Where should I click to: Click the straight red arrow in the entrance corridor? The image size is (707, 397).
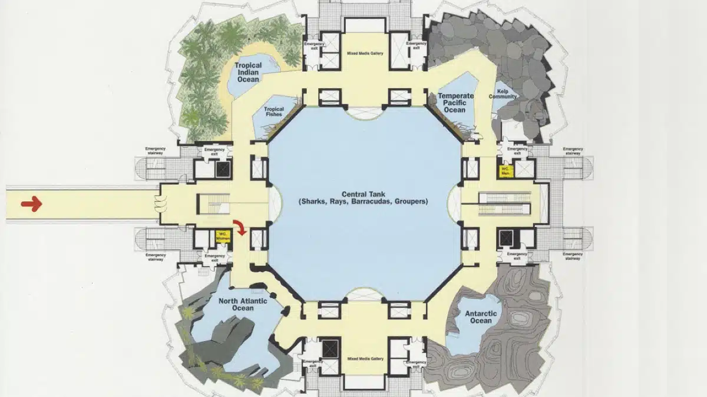click(31, 204)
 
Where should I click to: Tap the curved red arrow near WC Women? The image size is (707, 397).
click(240, 228)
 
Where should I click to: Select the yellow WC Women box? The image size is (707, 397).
click(222, 236)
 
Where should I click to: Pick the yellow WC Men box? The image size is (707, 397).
click(506, 171)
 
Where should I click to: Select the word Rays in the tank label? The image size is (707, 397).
click(339, 202)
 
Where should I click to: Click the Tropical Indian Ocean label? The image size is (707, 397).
click(248, 72)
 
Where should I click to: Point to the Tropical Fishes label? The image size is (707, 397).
click(273, 112)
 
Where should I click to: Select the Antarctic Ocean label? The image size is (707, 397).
click(481, 317)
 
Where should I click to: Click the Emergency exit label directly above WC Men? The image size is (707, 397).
click(517, 151)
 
